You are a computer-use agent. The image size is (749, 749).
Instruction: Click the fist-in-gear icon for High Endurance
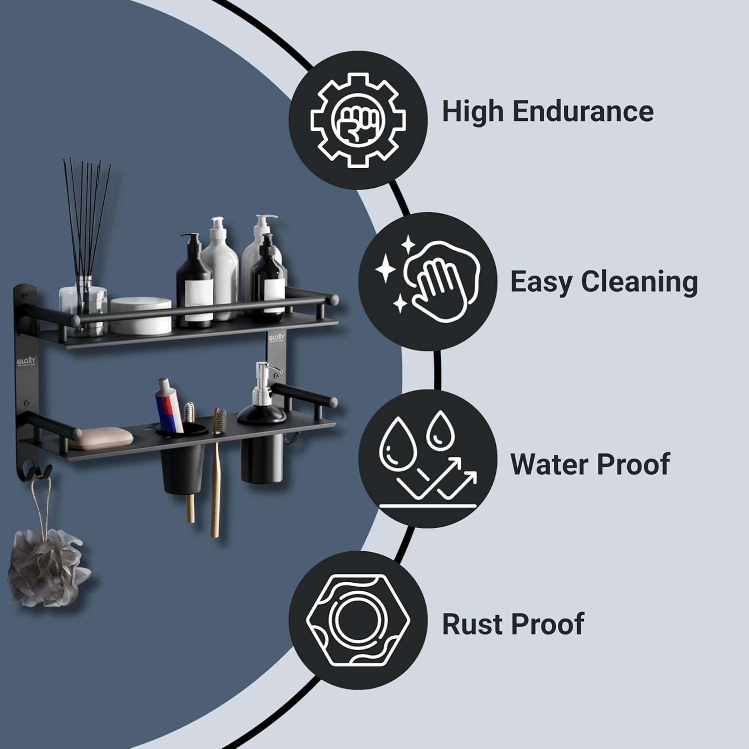[x=358, y=120]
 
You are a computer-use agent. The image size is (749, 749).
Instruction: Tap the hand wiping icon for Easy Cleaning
[x=427, y=281]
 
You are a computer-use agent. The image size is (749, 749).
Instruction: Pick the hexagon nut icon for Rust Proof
[x=358, y=620]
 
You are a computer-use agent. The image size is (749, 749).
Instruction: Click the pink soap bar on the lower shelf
[x=100, y=437]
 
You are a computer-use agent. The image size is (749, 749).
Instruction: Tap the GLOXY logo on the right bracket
[x=276, y=338]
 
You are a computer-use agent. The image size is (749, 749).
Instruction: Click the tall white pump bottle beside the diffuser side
[x=220, y=270]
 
